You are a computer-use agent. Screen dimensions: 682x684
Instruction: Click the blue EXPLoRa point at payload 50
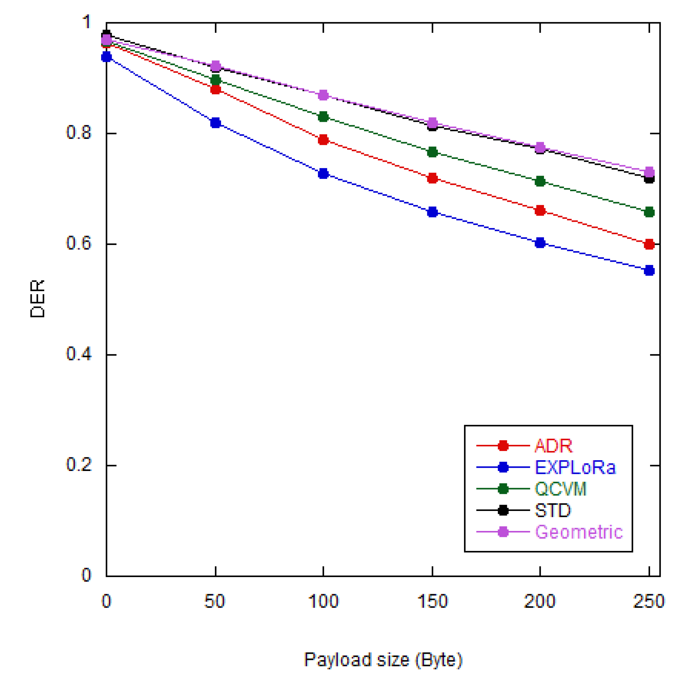coord(215,123)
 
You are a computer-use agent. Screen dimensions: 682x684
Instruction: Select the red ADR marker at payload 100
coord(323,140)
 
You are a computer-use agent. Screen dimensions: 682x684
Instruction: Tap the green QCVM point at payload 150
coord(433,152)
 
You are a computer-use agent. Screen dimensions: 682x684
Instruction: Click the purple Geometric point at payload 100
coord(323,95)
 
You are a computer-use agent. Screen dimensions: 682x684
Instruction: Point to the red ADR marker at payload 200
coord(540,210)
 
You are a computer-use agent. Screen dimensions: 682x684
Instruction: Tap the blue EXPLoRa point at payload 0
coord(106,57)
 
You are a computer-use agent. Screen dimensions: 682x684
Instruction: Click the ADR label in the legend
coord(553,446)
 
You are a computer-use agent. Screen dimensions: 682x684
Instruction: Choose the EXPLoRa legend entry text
coord(575,467)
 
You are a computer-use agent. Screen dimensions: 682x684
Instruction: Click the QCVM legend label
coord(560,488)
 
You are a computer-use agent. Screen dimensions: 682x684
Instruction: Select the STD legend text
coord(553,510)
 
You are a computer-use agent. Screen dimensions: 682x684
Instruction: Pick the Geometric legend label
coord(579,532)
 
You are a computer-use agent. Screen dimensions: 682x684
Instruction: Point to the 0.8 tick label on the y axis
coord(79,132)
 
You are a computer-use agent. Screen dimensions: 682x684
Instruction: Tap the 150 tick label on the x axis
coord(433,601)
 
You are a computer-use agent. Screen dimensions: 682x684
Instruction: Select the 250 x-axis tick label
coord(649,601)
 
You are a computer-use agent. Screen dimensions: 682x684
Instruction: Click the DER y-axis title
coord(38,299)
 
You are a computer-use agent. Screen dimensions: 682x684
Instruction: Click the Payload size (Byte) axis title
coord(383,660)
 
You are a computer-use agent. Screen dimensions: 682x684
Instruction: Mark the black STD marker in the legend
coord(503,510)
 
